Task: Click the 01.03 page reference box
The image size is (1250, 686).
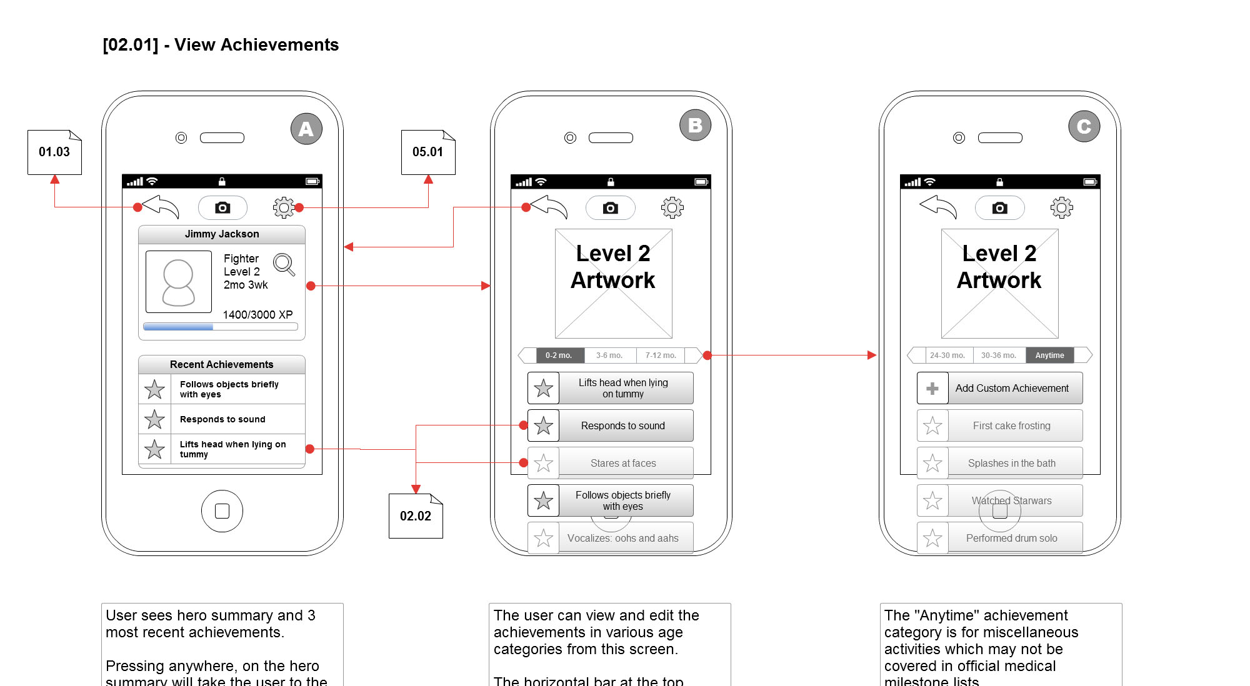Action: (x=54, y=152)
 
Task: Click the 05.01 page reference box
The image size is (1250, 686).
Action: (x=428, y=152)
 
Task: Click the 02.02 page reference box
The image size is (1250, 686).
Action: (x=416, y=516)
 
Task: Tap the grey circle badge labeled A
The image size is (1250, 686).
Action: (x=306, y=129)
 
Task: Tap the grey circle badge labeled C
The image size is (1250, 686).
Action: (x=1084, y=126)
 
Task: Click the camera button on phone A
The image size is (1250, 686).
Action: (x=222, y=207)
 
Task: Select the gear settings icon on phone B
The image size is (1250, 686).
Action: (x=672, y=207)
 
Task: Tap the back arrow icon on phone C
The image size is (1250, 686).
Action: (x=938, y=207)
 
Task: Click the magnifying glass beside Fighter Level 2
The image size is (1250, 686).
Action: (x=284, y=264)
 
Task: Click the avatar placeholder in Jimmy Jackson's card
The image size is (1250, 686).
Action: (x=179, y=282)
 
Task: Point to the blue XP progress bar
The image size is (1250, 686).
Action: (x=179, y=327)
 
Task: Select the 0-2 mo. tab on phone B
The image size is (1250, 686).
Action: (x=559, y=355)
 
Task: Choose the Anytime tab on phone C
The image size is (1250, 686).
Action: (x=1049, y=355)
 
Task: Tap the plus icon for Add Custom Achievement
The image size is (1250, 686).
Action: (x=932, y=389)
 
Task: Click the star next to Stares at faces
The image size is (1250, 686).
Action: (x=544, y=463)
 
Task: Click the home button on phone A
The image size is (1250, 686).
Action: (x=222, y=511)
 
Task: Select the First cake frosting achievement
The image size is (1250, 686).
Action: (x=1011, y=426)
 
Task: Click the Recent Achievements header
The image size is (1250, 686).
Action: (x=222, y=364)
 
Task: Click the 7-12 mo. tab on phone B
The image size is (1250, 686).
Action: (x=661, y=355)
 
